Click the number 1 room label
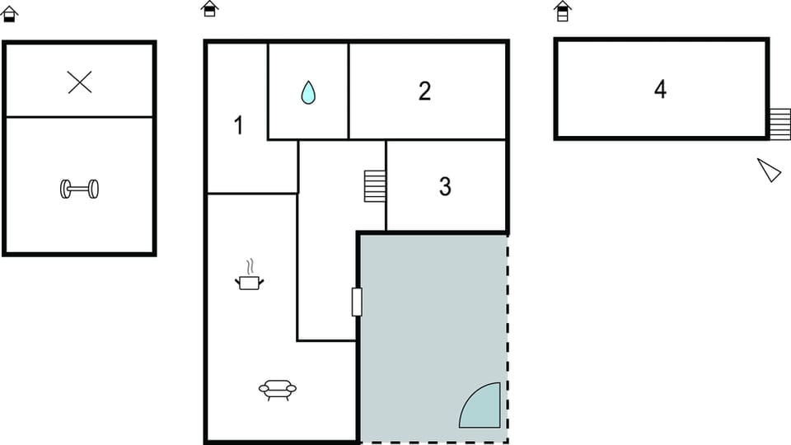point(238,126)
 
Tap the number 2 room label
point(424,91)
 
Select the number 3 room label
point(445,187)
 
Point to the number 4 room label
point(660,90)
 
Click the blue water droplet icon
point(308,91)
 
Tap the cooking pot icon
point(250,282)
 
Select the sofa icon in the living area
point(277,388)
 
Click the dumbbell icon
point(79,189)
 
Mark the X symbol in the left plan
point(80,82)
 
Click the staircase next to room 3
point(375,186)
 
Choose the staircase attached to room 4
point(779,124)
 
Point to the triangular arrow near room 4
point(770,171)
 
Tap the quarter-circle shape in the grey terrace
point(482,408)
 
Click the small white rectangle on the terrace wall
point(357,302)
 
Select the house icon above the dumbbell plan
point(10,13)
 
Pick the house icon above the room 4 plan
point(563,11)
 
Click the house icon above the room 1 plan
point(210,8)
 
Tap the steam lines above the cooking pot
point(250,266)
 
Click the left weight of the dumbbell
point(65,189)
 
